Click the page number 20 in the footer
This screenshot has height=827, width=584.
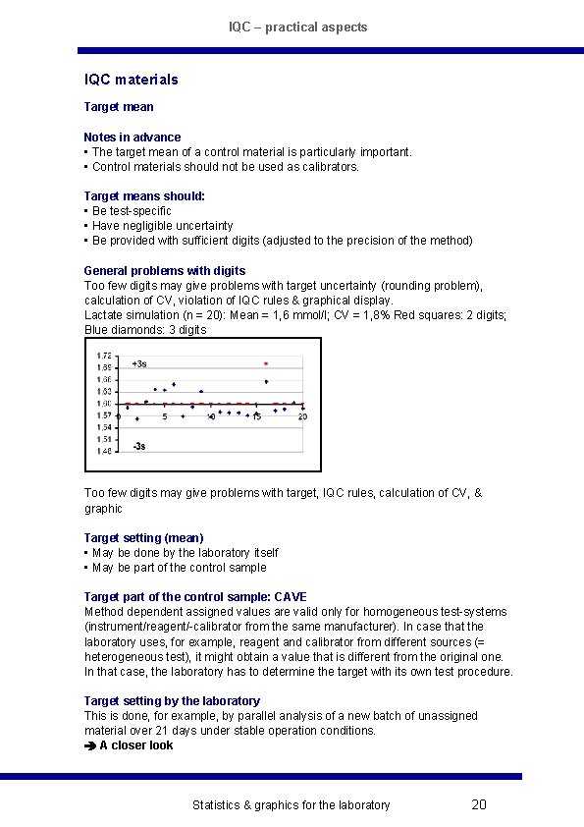point(479,805)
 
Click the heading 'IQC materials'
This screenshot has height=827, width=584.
point(132,80)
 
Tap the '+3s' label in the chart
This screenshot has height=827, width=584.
point(139,363)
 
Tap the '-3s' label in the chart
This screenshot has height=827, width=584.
point(139,446)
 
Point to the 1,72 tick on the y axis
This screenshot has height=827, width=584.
point(103,356)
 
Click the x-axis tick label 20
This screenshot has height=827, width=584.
point(302,416)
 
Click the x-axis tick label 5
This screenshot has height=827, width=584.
point(165,416)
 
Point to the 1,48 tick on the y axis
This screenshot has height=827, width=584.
point(103,452)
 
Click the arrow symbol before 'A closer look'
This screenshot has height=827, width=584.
point(90,745)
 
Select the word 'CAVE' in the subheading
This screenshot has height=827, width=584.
point(291,597)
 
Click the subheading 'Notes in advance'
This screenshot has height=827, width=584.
point(133,138)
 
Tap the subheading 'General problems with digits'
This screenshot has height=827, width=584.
point(165,271)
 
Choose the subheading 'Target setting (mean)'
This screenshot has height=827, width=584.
point(144,538)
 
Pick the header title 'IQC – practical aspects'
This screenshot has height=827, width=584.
point(298,28)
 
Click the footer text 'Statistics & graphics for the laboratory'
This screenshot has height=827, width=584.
point(291,805)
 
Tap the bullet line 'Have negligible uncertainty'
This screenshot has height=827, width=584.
point(162,226)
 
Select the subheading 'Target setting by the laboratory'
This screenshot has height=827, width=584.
point(172,701)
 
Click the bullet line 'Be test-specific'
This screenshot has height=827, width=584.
point(132,211)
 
